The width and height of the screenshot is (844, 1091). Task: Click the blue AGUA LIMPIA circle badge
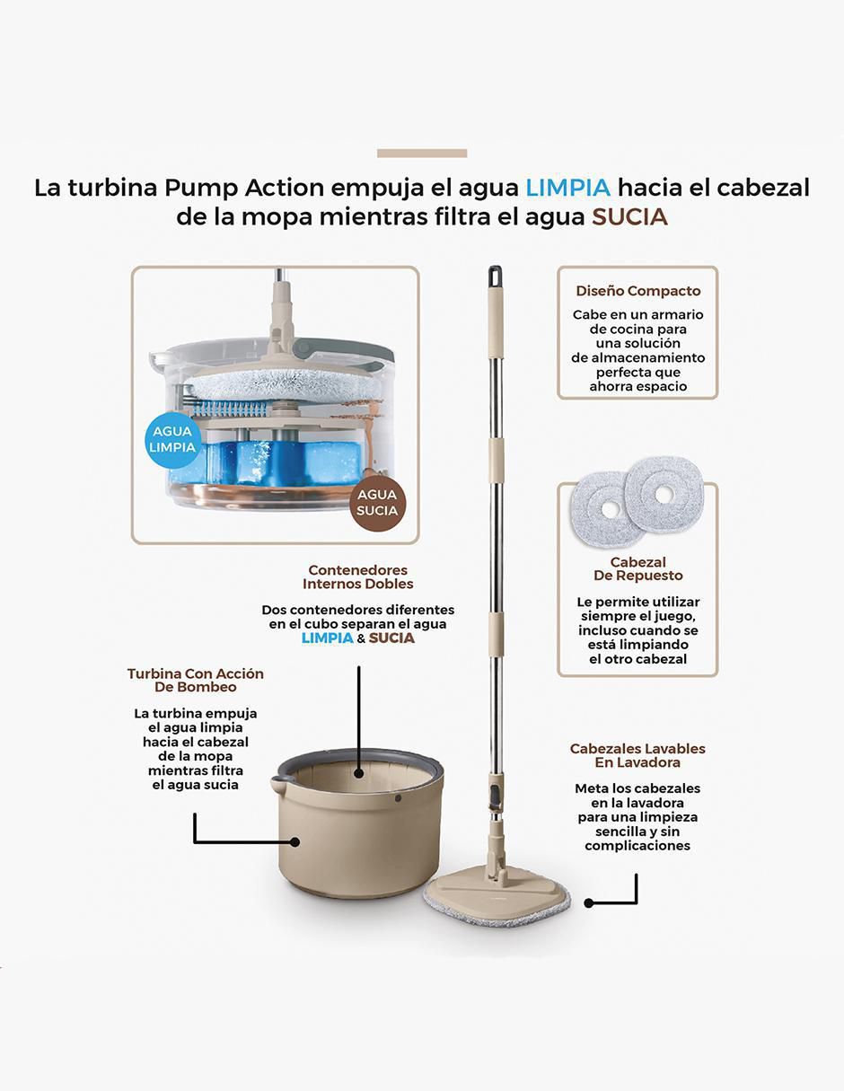click(x=173, y=440)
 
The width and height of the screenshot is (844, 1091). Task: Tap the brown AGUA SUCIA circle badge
click(x=377, y=503)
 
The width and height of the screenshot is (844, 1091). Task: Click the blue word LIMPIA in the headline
click(x=568, y=189)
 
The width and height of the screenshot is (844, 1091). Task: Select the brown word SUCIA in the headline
click(x=629, y=217)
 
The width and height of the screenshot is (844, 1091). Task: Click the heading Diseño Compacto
click(x=638, y=291)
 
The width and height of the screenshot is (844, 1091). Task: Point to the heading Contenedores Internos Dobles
click(x=357, y=576)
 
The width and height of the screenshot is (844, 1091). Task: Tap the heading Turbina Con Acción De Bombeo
click(x=195, y=681)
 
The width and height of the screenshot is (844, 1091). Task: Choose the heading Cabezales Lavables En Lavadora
click(x=637, y=755)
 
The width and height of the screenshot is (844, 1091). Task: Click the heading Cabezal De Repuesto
click(x=638, y=568)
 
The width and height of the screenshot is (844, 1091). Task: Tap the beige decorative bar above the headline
click(x=422, y=154)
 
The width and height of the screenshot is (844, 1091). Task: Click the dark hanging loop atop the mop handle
click(x=495, y=277)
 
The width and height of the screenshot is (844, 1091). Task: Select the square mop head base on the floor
click(x=497, y=897)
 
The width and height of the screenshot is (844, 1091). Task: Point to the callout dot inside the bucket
click(x=358, y=773)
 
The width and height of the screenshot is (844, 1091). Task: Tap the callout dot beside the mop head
click(x=589, y=903)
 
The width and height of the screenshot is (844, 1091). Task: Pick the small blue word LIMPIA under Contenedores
click(x=327, y=638)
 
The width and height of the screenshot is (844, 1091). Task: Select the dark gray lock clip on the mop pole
click(x=494, y=796)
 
